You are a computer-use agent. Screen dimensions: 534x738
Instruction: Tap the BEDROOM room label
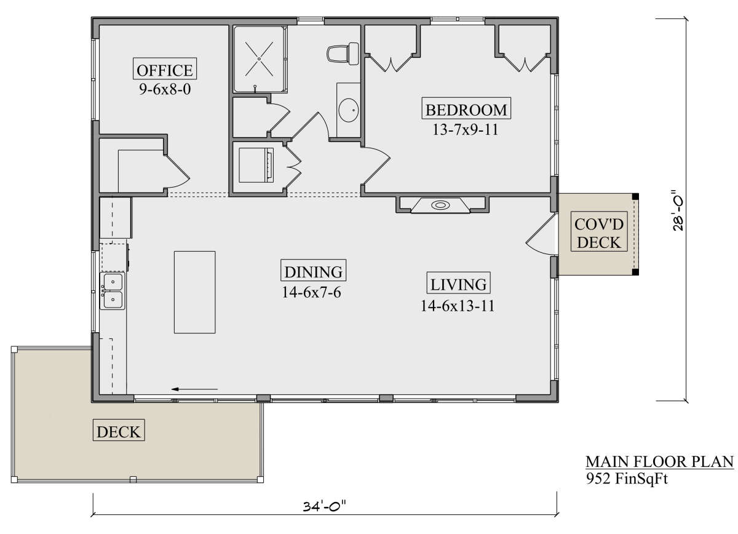pyautogui.click(x=467, y=110)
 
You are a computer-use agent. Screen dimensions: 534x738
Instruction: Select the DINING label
pyautogui.click(x=314, y=271)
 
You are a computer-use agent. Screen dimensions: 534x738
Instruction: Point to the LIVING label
pyautogui.click(x=459, y=284)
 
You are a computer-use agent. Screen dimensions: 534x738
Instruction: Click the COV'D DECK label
pyautogui.click(x=600, y=233)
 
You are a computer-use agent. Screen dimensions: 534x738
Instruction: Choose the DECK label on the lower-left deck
pyautogui.click(x=119, y=431)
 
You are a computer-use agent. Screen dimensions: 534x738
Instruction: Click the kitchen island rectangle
pyautogui.click(x=194, y=291)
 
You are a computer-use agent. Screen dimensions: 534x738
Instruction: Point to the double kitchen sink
pyautogui.click(x=113, y=291)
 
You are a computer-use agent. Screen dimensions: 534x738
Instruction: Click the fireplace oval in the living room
pyautogui.click(x=441, y=205)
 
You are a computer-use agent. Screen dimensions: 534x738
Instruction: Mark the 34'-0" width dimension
pyautogui.click(x=324, y=507)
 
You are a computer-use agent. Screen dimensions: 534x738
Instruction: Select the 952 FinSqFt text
pyautogui.click(x=627, y=480)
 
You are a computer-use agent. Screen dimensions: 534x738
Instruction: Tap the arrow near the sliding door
pyautogui.click(x=195, y=389)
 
